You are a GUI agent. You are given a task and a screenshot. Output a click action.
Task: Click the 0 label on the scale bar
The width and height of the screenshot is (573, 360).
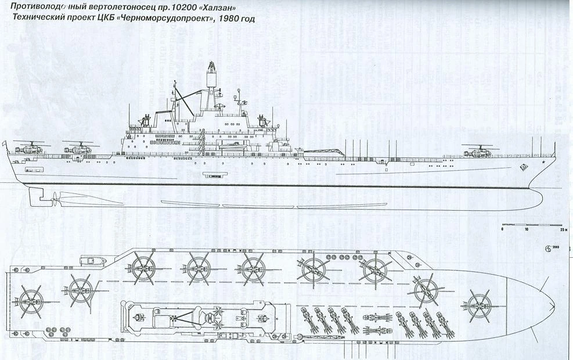pyautogui.click(x=502, y=231)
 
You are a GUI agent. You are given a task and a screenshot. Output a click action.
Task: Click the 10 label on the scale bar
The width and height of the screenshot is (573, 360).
pyautogui.click(x=527, y=231)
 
